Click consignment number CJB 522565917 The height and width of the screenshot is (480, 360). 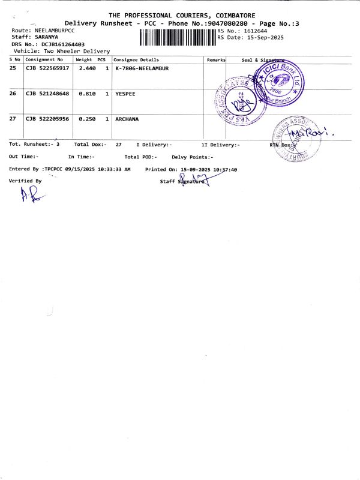coord(47,69)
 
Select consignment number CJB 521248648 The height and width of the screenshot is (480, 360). coord(47,94)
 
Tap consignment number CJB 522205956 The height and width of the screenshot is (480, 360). coord(47,119)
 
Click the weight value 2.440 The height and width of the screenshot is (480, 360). coord(88,69)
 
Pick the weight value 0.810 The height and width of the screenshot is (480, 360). coord(88,94)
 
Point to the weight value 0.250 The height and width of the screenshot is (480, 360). coord(88,119)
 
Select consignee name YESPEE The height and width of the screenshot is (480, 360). coord(126,94)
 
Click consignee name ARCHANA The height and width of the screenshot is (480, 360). coord(127,119)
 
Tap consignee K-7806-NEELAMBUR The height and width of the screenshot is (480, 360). coord(142,69)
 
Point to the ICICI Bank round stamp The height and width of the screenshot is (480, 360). coord(280,82)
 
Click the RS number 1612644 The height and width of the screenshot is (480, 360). coord(254,31)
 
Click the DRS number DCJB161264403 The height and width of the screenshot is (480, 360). coord(63,44)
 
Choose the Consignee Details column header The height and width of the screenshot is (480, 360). coord(136,60)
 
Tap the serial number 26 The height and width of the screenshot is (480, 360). coord(13,94)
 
